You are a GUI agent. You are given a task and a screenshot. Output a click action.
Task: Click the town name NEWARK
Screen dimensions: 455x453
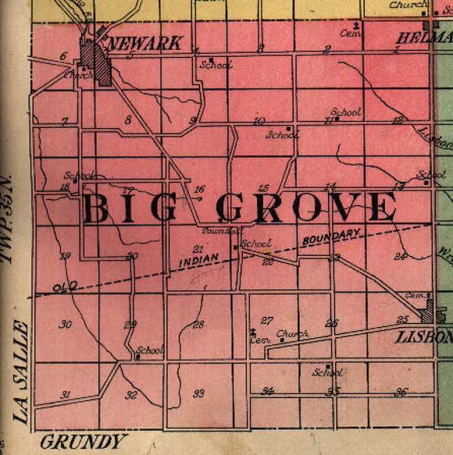[x=145, y=43]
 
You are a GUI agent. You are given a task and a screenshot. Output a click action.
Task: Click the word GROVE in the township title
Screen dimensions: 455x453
[x=306, y=207]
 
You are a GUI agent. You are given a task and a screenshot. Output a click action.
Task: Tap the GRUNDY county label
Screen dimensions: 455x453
[x=85, y=442]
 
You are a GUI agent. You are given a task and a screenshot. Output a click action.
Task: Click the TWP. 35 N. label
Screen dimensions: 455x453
[x=7, y=219]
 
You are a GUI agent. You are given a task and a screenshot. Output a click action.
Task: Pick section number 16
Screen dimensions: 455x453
[x=199, y=190]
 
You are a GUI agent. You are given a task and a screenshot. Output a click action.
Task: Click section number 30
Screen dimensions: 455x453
[x=66, y=324]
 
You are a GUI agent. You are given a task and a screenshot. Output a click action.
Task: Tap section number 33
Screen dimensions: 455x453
[x=198, y=393]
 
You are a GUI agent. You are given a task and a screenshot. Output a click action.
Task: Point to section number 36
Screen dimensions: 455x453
[x=401, y=392]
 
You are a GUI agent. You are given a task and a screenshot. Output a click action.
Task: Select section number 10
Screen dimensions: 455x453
[x=259, y=121]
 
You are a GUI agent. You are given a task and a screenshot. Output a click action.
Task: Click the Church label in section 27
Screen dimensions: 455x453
[x=293, y=334]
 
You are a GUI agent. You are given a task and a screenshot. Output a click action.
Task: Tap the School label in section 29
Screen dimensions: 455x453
[x=150, y=350]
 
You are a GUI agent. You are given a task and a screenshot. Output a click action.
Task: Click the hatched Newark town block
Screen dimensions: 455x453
[x=97, y=63]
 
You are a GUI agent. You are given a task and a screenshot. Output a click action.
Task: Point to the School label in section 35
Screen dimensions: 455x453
[x=327, y=373]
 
